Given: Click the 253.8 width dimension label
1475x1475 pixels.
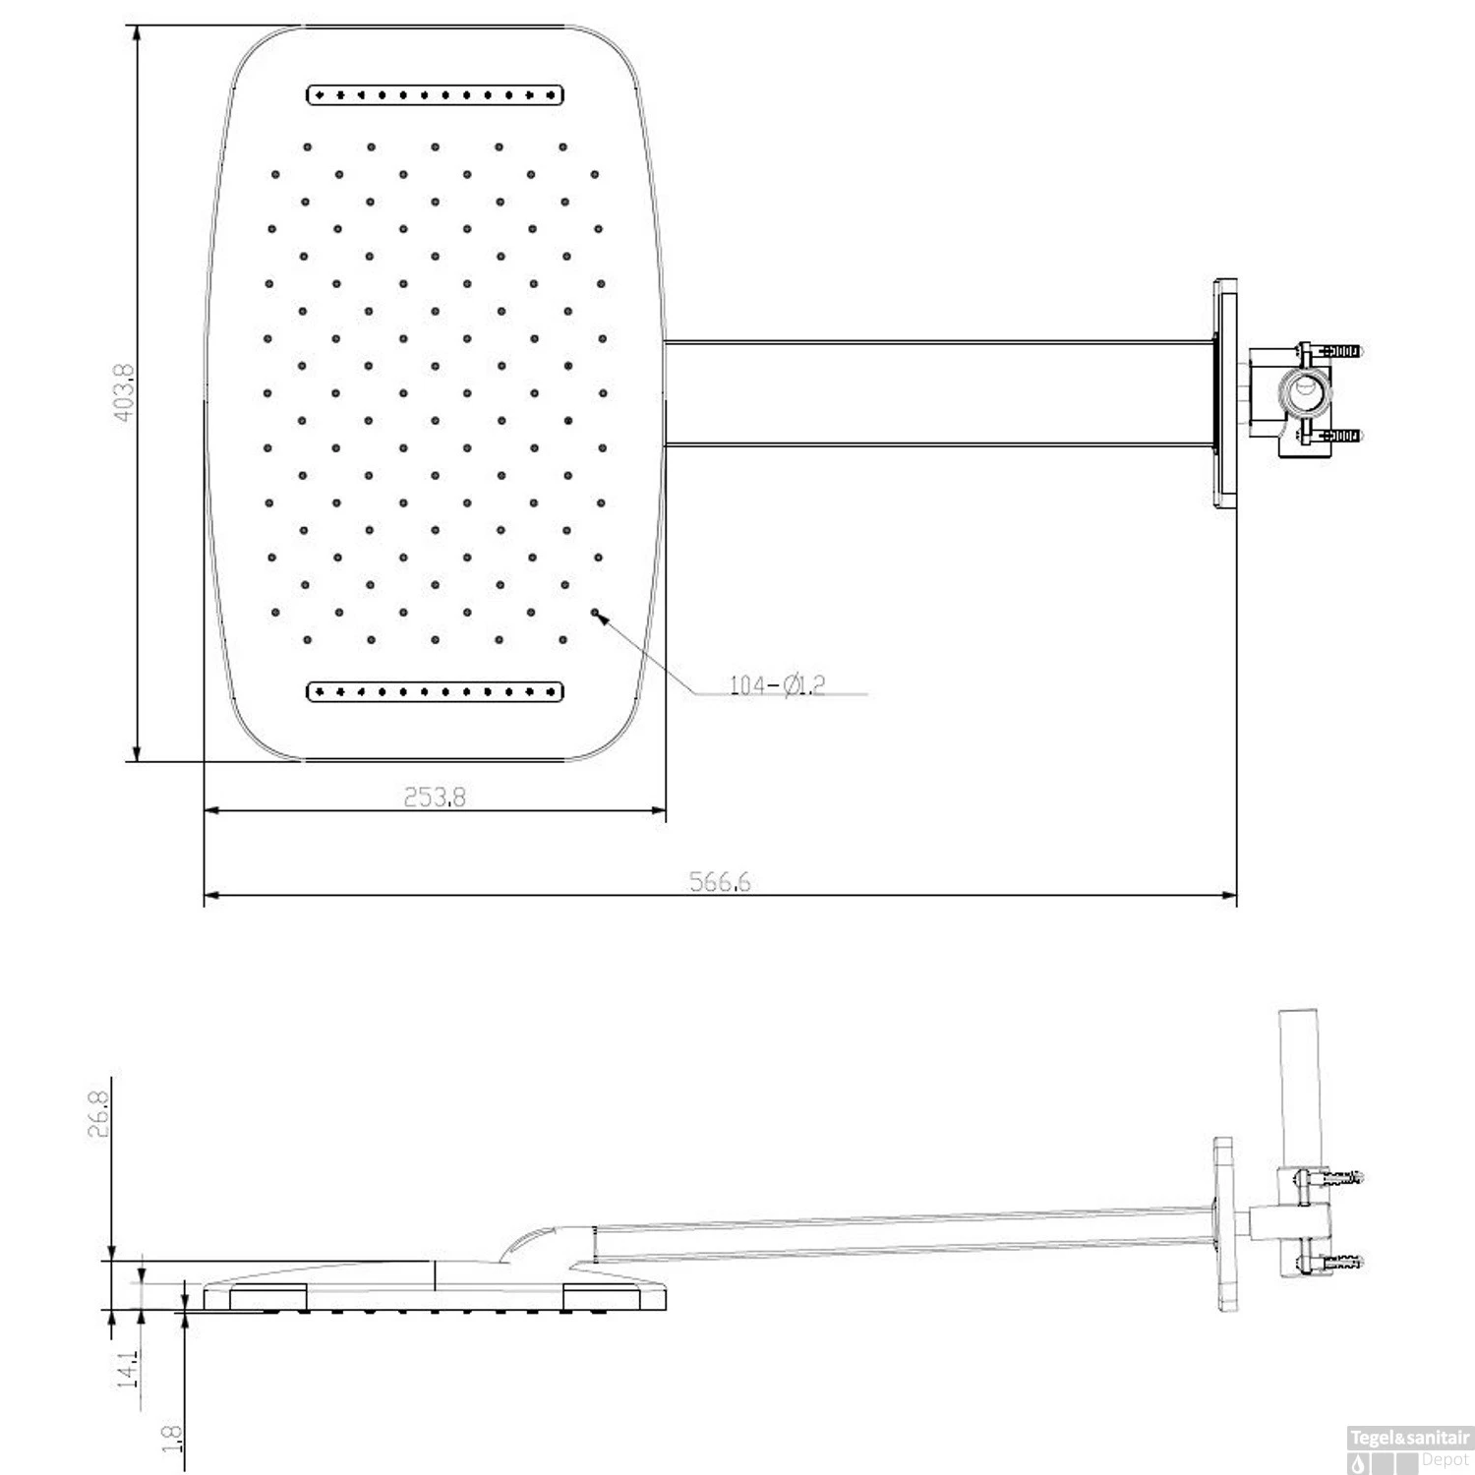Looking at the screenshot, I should coord(435,796).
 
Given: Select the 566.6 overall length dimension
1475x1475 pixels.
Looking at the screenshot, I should coord(720,881).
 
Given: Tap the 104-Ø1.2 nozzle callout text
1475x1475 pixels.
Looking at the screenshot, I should coord(777,684).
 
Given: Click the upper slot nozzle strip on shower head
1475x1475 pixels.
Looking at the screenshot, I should coord(435,95).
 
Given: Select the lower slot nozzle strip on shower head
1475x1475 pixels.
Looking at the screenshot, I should coord(435,692).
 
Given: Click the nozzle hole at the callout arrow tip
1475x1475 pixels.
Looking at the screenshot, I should coord(595,612).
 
